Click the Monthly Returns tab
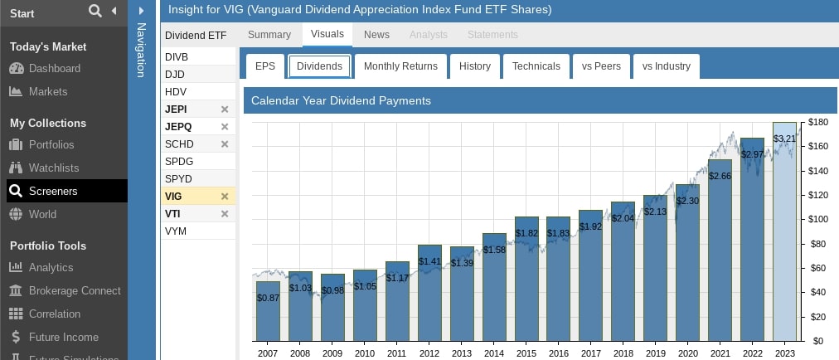400,66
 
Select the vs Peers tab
601,66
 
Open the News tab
376,35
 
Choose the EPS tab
265,66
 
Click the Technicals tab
536,66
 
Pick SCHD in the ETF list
180,144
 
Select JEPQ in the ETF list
179,127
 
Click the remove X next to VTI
225,214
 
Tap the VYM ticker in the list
176,231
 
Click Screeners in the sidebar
53,191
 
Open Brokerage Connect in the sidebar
75,290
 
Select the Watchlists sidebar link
54,168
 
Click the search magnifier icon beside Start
95,11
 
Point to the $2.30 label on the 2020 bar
688,201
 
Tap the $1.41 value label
429,260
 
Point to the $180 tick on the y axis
818,122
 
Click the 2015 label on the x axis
526,353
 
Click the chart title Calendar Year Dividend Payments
341,101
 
